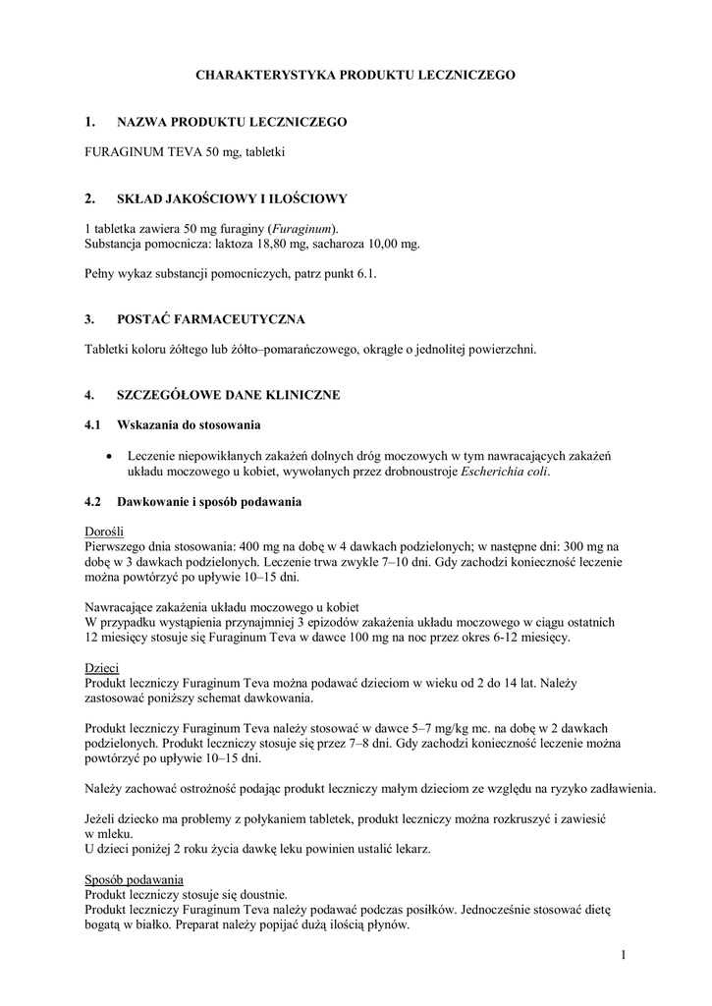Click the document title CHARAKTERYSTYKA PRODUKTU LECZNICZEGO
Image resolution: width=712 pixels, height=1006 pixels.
tap(356, 75)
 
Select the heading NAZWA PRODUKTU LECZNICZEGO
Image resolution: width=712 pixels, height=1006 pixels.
tap(232, 122)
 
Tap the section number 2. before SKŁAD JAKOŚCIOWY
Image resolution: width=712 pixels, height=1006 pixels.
tap(90, 197)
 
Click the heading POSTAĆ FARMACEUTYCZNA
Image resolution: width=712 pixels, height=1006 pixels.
tap(210, 319)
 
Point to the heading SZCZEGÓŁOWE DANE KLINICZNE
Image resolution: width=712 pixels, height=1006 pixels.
tap(228, 395)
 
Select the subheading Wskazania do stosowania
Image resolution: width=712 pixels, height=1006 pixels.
tap(189, 425)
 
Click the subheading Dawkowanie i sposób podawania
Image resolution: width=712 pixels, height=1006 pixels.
tap(208, 502)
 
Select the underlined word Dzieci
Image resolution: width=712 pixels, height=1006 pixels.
tap(102, 667)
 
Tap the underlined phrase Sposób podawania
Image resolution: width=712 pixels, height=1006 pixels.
tap(134, 878)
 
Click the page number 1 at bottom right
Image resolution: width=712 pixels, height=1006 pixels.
tap(623, 955)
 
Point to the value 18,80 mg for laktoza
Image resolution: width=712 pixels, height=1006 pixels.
tap(309, 243)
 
